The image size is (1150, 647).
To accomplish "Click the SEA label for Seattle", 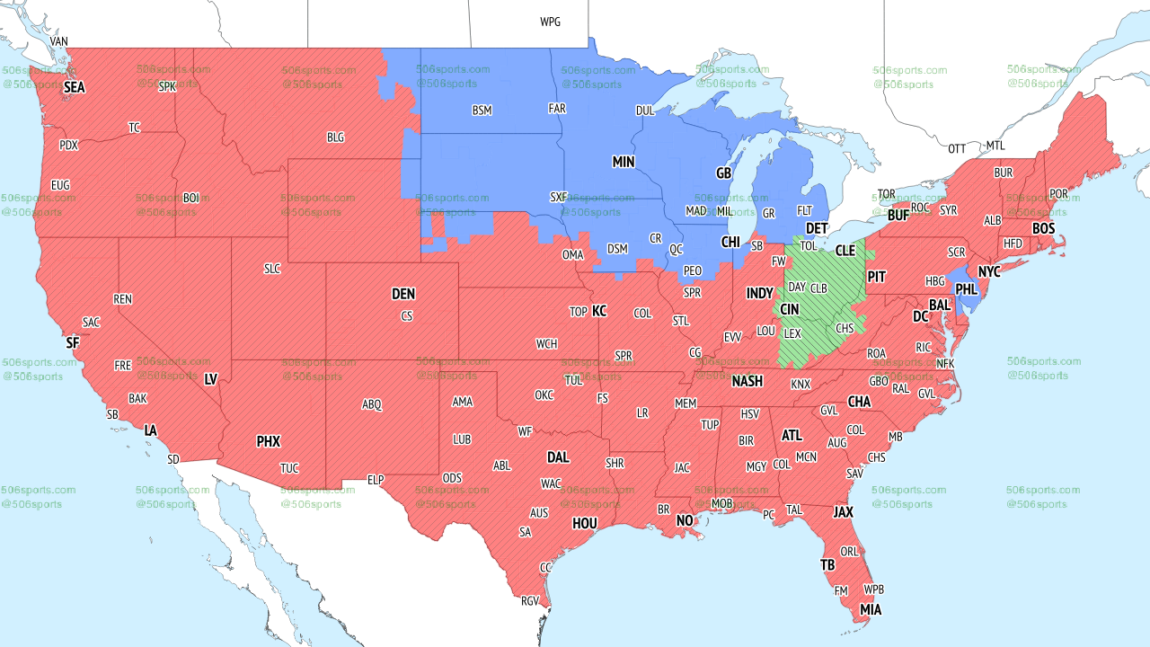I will click(74, 87).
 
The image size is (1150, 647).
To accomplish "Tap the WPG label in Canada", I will click(550, 22).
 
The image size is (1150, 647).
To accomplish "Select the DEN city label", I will click(403, 294).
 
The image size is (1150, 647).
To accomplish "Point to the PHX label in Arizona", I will click(268, 441).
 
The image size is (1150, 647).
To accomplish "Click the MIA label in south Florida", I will click(870, 610).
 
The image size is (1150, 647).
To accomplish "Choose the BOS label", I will click(1043, 229).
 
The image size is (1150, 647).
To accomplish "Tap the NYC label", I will click(989, 271).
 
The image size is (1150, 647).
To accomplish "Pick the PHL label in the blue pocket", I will click(967, 289).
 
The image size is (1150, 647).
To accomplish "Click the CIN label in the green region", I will click(789, 309).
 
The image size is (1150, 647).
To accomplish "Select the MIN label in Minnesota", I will click(624, 162).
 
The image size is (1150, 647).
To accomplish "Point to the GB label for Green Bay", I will click(723, 173).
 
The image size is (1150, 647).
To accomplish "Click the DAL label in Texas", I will click(558, 457).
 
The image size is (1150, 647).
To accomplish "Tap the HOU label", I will click(585, 523).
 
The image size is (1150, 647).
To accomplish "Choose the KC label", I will click(599, 311).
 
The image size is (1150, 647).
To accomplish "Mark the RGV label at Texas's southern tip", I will click(530, 601).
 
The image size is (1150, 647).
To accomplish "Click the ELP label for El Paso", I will click(376, 480).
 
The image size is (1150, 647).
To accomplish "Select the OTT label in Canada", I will click(957, 148).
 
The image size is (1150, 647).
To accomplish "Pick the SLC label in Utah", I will click(272, 268).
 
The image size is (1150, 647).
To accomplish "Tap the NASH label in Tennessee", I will click(747, 381).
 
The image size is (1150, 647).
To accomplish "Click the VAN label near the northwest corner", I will click(58, 41).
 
